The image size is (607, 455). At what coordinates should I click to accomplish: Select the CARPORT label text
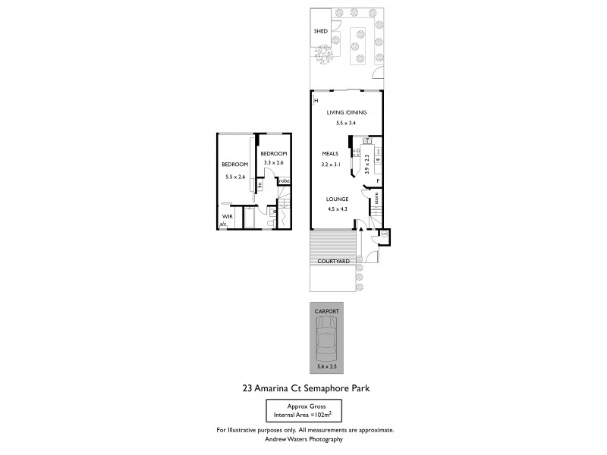pos(328,310)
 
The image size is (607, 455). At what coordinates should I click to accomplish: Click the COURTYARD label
pos(332,261)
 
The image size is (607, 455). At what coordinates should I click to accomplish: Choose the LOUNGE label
pos(338,199)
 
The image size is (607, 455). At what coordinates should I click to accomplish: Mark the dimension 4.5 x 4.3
pos(338,209)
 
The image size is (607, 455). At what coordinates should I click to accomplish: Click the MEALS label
pos(329,154)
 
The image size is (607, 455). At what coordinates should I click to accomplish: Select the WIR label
pos(226,216)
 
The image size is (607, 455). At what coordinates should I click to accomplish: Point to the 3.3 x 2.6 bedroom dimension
pos(273,163)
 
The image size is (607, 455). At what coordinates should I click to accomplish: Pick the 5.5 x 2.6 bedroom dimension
pos(235,177)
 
